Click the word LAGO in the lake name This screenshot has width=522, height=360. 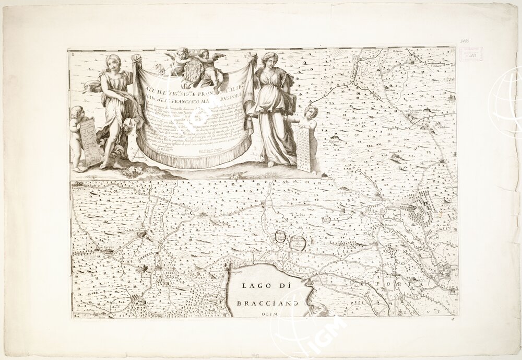pyautogui.click(x=255, y=286)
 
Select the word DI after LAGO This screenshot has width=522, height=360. pyautogui.click(x=283, y=286)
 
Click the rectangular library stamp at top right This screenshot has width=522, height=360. pyautogui.click(x=471, y=54)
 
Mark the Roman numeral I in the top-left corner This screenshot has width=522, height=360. pyautogui.click(x=73, y=53)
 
